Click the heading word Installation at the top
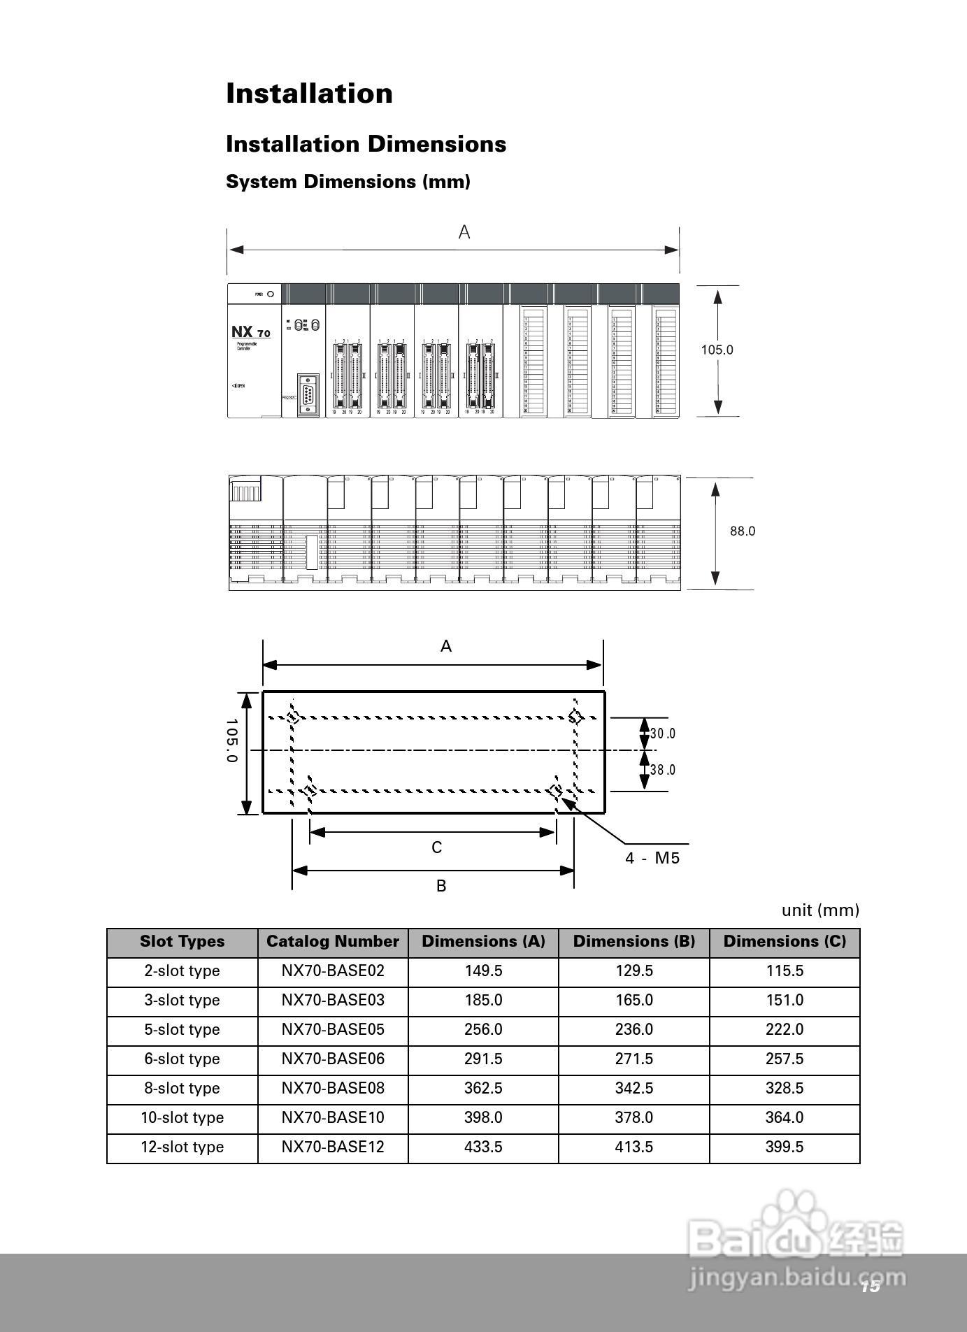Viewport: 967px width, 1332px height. (x=309, y=94)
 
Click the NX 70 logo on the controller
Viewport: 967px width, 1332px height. (x=250, y=332)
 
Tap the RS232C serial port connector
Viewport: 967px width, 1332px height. (x=308, y=395)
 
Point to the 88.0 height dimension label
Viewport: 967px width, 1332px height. (x=743, y=531)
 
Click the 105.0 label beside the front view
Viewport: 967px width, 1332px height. (x=717, y=350)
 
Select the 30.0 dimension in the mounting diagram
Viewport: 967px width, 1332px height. (x=663, y=733)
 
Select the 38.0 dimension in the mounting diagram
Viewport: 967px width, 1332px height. (x=663, y=770)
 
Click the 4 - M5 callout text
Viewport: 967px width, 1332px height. (x=652, y=858)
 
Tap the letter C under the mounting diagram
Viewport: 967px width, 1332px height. (x=436, y=847)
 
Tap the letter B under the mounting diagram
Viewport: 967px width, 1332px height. (x=440, y=886)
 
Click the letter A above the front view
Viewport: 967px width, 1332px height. (x=464, y=232)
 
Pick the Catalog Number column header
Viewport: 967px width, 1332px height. (x=333, y=942)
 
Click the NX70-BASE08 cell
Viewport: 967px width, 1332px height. (x=333, y=1088)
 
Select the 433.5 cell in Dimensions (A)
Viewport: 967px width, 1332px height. (x=483, y=1147)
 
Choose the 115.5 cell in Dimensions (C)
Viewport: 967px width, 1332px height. (x=785, y=971)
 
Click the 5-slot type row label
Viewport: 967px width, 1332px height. (x=182, y=1029)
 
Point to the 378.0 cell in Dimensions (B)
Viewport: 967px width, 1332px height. (x=633, y=1117)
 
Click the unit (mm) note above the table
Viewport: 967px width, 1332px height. (x=819, y=910)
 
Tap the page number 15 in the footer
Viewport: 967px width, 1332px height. (x=870, y=1287)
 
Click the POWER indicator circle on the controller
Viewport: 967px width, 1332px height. (x=270, y=294)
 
